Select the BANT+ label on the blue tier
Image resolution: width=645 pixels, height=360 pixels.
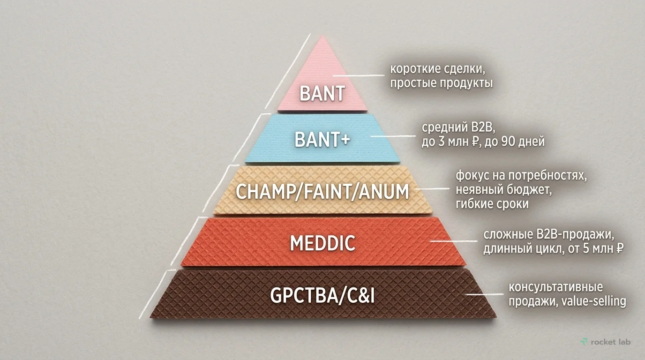point(322,139)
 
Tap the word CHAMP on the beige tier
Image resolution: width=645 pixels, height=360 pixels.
point(269,192)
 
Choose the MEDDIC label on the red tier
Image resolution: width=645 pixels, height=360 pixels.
point(322,243)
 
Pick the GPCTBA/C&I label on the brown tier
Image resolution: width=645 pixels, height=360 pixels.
point(322,295)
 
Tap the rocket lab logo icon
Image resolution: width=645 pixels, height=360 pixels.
point(584,342)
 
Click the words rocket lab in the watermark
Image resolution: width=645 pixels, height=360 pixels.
point(611,342)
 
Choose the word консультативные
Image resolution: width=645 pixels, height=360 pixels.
point(556,287)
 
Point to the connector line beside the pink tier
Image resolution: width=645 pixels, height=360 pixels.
point(359,76)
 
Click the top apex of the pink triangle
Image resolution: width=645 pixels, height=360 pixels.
point(322,36)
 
